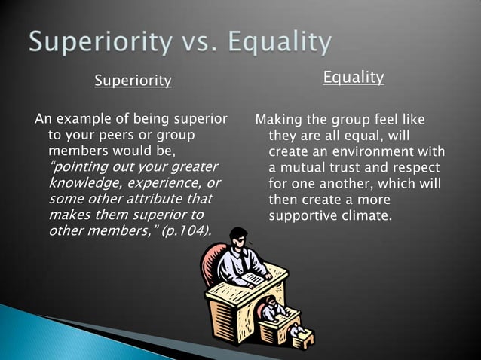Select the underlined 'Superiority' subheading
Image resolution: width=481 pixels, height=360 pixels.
click(x=133, y=81)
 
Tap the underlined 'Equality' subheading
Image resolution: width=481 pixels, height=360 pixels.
click(x=354, y=77)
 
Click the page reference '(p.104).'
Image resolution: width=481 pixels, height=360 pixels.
click(x=184, y=230)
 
